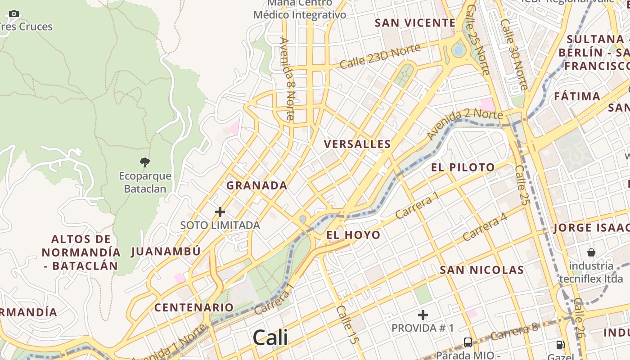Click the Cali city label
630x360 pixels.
[270, 337]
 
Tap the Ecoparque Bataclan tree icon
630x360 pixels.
[144, 162]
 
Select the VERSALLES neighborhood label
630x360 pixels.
[357, 144]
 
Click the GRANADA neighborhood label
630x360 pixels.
[256, 185]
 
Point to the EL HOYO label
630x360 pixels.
[353, 235]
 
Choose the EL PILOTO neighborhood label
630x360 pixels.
[463, 168]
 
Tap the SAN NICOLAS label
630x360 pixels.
[481, 270]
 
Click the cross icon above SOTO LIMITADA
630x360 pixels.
[220, 211]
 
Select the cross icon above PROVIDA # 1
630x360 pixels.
[423, 315]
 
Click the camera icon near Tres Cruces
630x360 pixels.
[14, 13]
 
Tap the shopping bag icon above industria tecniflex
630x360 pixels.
[591, 252]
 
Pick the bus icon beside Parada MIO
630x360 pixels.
[468, 342]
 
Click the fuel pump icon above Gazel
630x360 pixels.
[560, 345]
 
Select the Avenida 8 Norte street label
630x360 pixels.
[287, 79]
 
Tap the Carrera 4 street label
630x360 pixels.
[485, 226]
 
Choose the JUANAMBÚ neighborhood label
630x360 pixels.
[166, 252]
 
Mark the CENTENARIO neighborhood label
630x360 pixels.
[194, 308]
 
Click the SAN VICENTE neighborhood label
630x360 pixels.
[415, 22]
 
